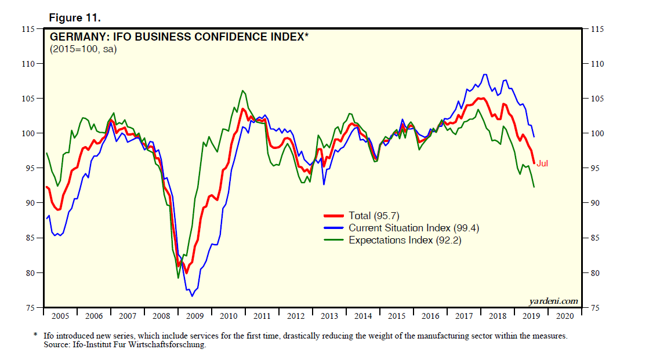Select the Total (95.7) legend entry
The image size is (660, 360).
tap(377, 216)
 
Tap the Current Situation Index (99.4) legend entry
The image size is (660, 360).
tap(414, 228)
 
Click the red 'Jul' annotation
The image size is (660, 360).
tap(542, 163)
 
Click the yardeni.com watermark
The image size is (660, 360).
tap(553, 300)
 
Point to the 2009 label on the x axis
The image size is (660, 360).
tap(195, 317)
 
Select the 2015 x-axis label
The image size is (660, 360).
tap(397, 317)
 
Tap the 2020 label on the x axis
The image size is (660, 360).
tap(565, 317)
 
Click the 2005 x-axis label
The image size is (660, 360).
tap(60, 317)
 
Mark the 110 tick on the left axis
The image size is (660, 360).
tap(28, 64)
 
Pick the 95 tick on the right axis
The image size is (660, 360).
tap(597, 168)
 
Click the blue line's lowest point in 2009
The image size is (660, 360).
tap(192, 296)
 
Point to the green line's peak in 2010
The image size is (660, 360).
tap(242, 90)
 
